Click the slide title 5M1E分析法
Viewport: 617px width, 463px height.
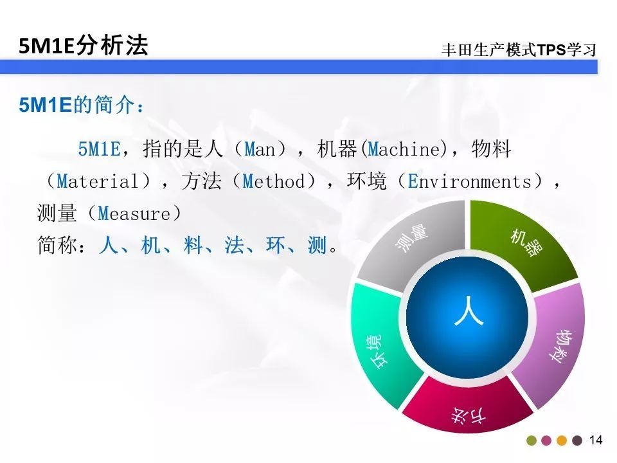[x=84, y=46]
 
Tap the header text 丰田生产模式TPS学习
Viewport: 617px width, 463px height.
[x=519, y=50]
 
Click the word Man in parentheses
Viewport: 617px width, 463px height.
[x=259, y=149]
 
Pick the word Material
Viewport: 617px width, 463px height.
[x=98, y=181]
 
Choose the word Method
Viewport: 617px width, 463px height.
[x=274, y=181]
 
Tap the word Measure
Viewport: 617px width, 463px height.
[x=134, y=213]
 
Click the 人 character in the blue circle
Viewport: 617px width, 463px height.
[x=469, y=311]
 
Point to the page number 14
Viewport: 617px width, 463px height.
[x=596, y=440]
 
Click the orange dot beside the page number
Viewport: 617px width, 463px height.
[x=562, y=440]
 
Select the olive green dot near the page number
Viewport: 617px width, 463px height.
[x=532, y=440]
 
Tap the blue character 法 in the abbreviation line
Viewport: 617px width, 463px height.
[x=234, y=245]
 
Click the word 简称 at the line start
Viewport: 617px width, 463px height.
[x=57, y=245]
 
